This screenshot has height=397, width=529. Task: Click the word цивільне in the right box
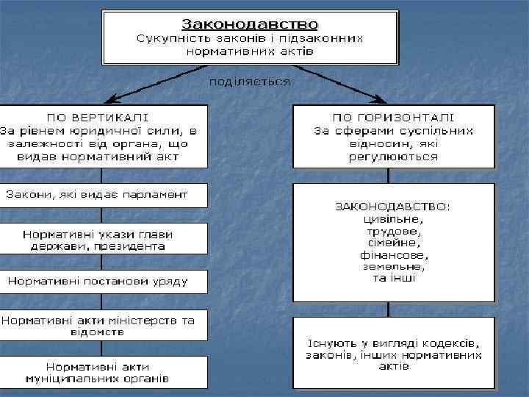click(x=393, y=218)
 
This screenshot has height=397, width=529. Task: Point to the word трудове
click(x=393, y=230)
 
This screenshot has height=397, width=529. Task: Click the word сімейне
click(x=393, y=242)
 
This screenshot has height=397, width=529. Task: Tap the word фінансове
click(x=393, y=254)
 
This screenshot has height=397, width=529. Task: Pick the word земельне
click(x=393, y=266)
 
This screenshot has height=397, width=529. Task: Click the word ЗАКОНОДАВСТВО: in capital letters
click(x=393, y=207)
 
